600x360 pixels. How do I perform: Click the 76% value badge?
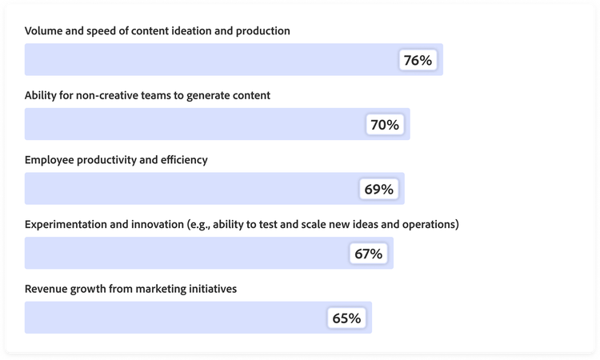point(418,60)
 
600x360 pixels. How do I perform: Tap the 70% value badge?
point(384,125)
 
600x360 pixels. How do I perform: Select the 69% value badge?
point(378,190)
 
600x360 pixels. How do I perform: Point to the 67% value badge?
point(368,254)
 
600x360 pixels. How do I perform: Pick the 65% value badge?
point(346,318)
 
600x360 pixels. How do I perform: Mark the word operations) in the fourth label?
point(428,224)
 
